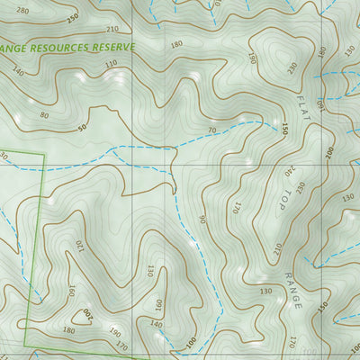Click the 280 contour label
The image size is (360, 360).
pos(22,11)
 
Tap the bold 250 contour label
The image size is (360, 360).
pos(72,18)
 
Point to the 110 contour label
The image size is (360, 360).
pos(111,64)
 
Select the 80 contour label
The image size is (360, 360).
pos(44,114)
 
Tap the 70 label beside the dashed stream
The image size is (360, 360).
pos(212,131)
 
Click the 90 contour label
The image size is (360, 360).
pos(203,219)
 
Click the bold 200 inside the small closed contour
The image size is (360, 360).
pos(87,312)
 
